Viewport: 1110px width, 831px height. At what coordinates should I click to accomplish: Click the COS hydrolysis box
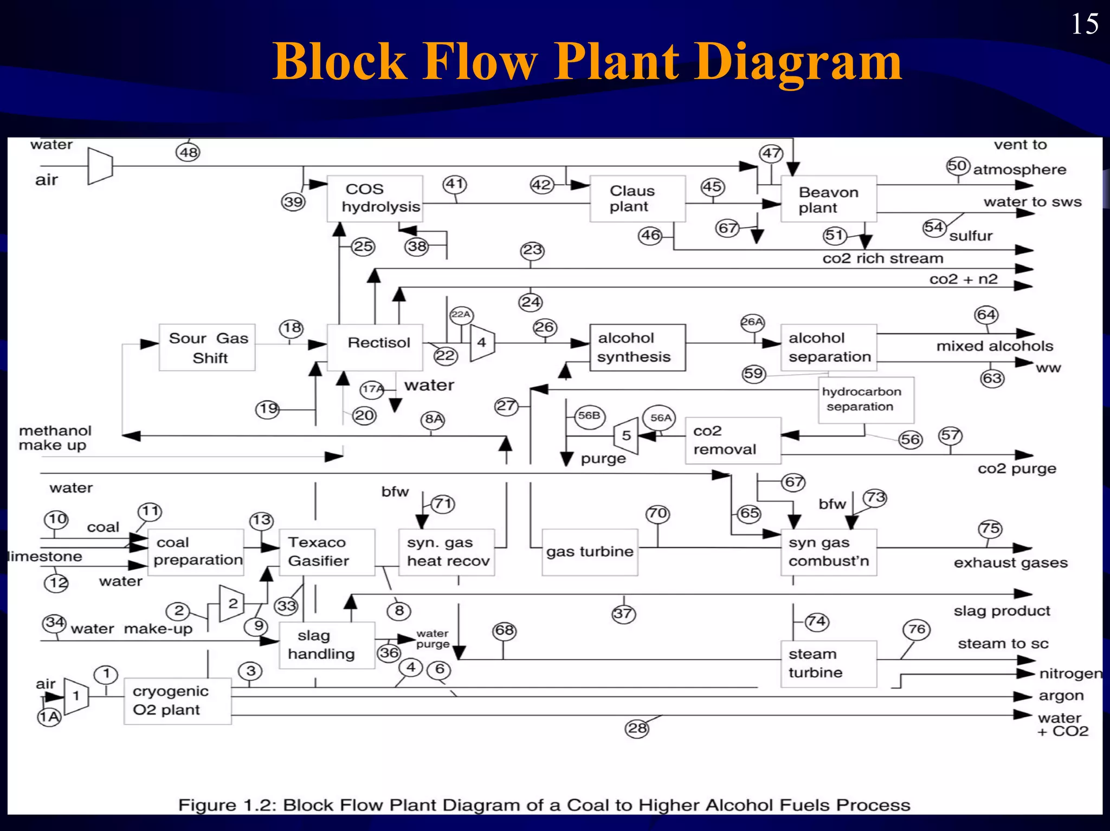coord(375,198)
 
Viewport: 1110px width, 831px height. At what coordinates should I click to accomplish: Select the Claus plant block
coord(637,198)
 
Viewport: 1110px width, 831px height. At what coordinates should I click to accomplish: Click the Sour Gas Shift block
coord(207,347)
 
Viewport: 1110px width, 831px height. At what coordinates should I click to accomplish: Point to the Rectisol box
coord(375,347)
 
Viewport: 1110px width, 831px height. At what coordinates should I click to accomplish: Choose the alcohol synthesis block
coord(637,347)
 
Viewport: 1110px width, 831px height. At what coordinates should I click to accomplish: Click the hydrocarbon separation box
coord(866,400)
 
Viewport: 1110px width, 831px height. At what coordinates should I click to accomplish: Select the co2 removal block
coord(733,440)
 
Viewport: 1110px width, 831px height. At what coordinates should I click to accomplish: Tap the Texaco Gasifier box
coord(327,552)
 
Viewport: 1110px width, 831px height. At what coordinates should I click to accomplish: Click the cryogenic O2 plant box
coord(177,700)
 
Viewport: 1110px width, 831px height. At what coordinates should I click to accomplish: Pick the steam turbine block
coord(828,664)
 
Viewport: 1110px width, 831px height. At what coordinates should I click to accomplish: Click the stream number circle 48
coord(188,152)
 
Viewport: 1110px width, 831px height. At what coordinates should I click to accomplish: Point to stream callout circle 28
coord(637,728)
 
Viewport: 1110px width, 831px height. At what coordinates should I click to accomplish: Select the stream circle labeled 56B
coord(590,416)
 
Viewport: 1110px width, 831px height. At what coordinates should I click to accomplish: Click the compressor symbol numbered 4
coord(482,342)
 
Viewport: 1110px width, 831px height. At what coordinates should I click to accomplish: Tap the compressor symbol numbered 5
coord(626,436)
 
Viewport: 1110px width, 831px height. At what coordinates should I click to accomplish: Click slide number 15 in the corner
coord(1085,24)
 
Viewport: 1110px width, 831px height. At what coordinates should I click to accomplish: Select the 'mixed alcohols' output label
coord(994,346)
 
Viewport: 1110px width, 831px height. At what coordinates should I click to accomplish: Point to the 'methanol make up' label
coord(55,438)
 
